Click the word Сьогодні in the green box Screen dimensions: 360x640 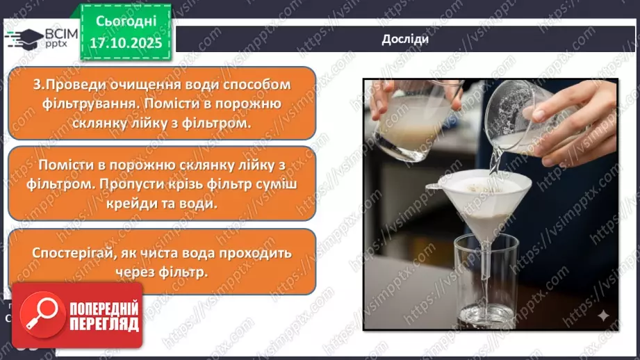125,22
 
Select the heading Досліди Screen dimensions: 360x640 404,39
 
